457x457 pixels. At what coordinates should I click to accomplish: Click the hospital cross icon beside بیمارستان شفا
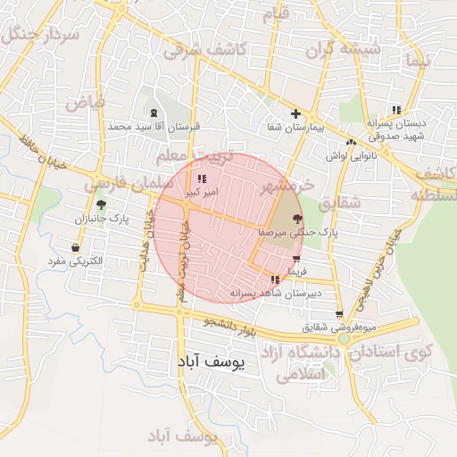(x=295, y=114)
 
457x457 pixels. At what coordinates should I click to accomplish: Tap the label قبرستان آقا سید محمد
(x=154, y=127)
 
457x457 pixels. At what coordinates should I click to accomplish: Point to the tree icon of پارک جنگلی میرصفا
(x=296, y=219)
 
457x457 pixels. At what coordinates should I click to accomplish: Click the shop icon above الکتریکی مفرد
(x=75, y=247)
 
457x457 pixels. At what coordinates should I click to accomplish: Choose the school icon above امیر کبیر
(x=200, y=179)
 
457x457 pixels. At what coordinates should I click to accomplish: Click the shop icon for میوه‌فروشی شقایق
(x=339, y=314)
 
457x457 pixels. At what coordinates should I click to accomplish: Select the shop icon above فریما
(x=296, y=259)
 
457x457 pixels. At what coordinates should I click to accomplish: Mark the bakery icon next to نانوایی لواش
(x=352, y=142)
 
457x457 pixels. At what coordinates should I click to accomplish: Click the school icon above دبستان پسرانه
(x=396, y=110)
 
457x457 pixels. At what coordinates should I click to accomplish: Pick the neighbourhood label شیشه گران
(x=342, y=51)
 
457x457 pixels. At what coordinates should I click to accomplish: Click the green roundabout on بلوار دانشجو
(x=344, y=338)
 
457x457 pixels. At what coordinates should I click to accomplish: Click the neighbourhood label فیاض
(x=84, y=102)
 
